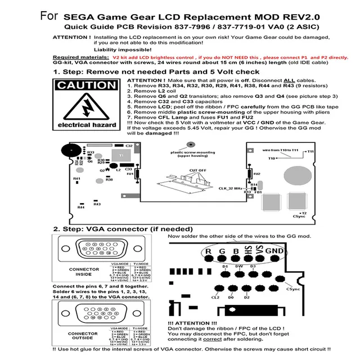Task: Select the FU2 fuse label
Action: point(257,174)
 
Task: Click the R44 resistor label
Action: point(80,207)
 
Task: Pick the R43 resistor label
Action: point(97,204)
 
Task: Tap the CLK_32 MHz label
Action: point(230,189)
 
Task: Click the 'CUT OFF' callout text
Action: point(196,169)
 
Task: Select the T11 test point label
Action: point(309,152)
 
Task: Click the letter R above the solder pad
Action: point(208,251)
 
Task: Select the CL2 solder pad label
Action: point(215,297)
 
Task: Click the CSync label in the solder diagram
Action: point(292,289)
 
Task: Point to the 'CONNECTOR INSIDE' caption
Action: point(84,272)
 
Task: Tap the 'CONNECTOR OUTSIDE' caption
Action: point(84,336)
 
